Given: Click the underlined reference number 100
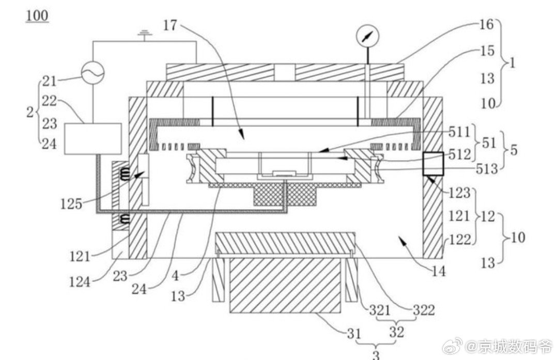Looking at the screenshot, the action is point(37,16).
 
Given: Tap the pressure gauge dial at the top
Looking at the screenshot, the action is point(368,36).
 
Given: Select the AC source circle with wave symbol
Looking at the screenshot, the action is point(93,73).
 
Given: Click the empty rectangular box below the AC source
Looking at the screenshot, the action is point(93,139).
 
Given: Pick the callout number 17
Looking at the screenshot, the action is point(170,25).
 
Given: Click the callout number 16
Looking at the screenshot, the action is point(487,24).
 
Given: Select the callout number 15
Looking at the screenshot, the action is point(487,51).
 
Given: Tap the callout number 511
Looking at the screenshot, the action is point(459,132).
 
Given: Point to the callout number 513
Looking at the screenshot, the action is point(487,168).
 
